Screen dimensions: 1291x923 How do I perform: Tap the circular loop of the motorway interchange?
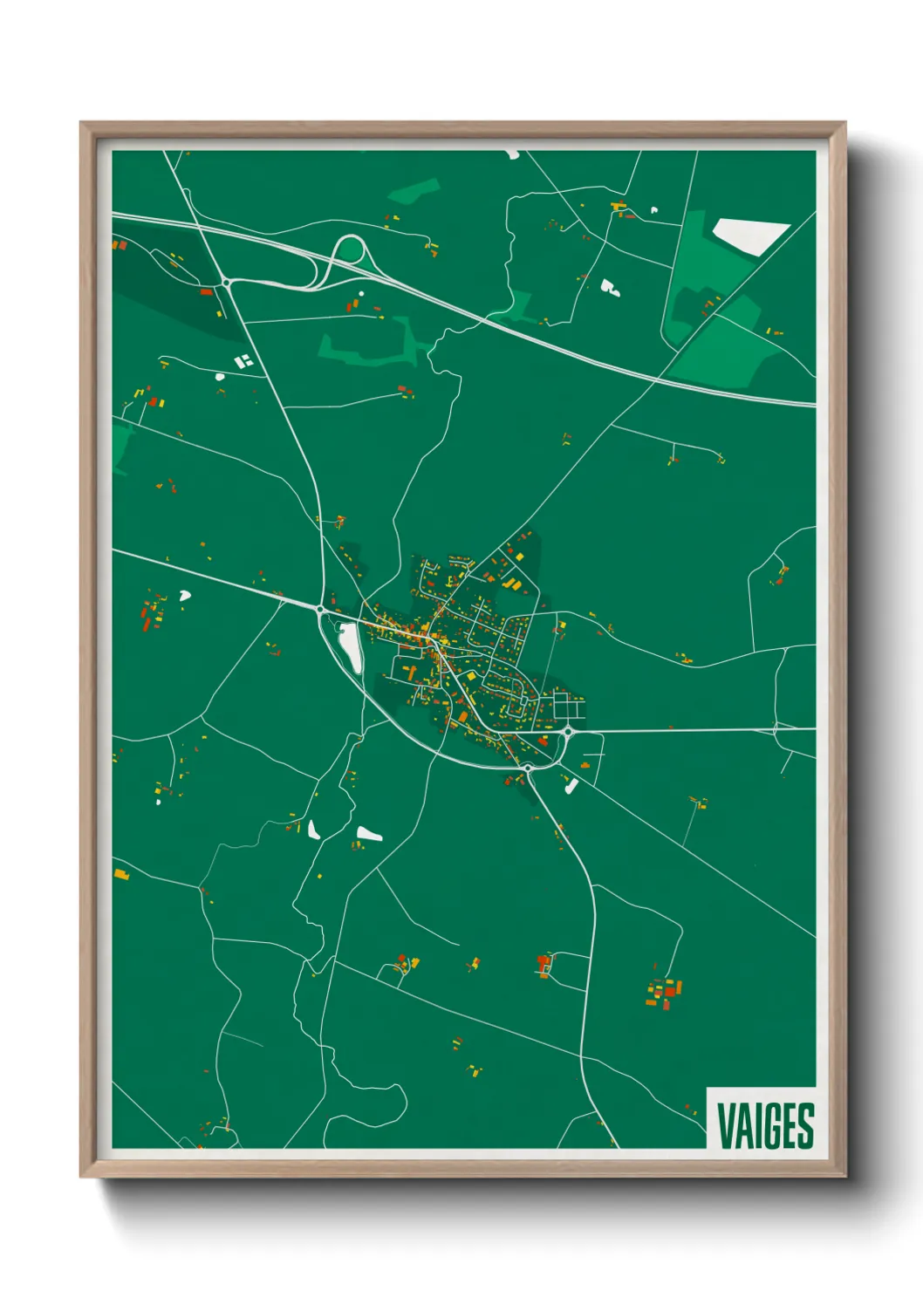point(349,250)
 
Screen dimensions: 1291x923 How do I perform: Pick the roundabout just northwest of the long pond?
point(321,609)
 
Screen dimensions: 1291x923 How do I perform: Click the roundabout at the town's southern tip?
point(528,768)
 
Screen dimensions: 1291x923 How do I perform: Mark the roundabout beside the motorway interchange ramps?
point(226,282)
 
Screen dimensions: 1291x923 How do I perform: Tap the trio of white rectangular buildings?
point(243,359)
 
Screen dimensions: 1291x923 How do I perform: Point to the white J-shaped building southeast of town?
point(571,785)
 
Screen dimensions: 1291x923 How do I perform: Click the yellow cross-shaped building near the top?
point(620,208)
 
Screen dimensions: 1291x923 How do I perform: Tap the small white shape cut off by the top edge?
point(512,154)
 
